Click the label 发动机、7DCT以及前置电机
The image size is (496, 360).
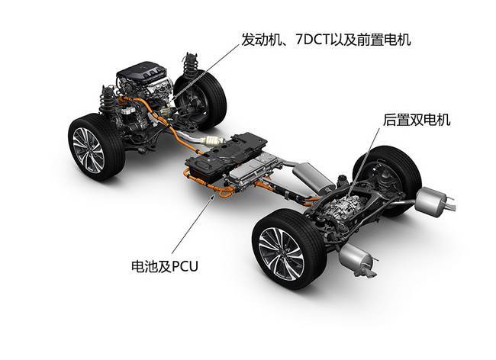(326, 40)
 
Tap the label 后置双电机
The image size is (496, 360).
(417, 120)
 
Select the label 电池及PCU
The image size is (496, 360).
(165, 266)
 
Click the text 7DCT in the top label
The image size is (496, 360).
(312, 40)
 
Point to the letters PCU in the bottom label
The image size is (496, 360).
(185, 266)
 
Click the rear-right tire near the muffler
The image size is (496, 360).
(389, 177)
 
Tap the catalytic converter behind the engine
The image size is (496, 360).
(215, 140)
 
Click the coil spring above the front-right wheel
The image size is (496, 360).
(190, 66)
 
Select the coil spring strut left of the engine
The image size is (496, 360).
(107, 98)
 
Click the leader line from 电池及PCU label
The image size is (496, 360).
(194, 225)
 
